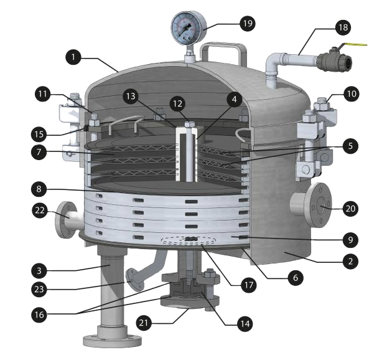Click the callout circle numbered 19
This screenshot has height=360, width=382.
tap(247, 24)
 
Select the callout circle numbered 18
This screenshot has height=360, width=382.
tap(343, 27)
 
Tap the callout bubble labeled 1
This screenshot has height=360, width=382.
tap(74, 57)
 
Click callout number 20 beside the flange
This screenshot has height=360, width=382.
tap(350, 209)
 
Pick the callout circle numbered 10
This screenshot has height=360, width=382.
tap(352, 93)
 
